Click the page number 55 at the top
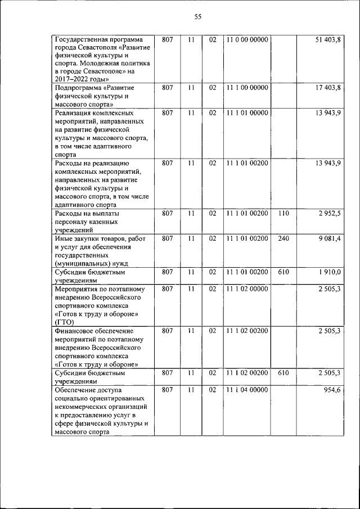point(197,17)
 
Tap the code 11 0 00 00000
point(247,40)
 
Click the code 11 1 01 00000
point(247,113)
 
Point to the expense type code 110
point(283,214)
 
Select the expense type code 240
point(283,238)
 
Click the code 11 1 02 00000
point(247,289)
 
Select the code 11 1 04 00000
point(247,390)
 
